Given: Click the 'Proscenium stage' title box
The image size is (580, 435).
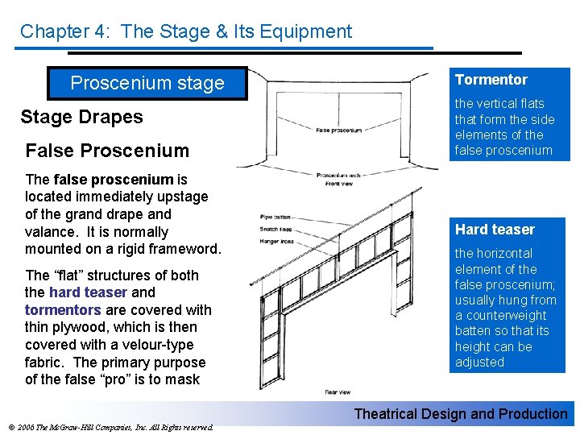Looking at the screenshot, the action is [x=147, y=83].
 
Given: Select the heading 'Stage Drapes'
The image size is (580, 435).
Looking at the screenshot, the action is [x=81, y=117].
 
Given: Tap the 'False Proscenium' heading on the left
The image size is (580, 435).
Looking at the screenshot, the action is [x=107, y=151].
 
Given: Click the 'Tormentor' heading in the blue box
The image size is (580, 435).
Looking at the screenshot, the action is [x=491, y=80].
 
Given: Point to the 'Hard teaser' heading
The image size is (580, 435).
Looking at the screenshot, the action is [x=495, y=230].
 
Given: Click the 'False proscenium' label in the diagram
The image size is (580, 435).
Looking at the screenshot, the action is [x=338, y=130].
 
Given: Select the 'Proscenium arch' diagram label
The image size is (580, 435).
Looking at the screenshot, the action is [x=338, y=176].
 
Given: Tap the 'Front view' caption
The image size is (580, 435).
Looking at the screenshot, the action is [x=339, y=184].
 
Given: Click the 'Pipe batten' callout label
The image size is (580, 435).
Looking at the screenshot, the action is [x=275, y=216].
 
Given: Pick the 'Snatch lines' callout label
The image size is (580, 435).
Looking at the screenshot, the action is [x=275, y=229].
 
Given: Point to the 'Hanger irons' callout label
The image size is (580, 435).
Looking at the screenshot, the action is [x=275, y=241].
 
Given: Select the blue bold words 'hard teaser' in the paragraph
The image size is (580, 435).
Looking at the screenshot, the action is [x=88, y=292].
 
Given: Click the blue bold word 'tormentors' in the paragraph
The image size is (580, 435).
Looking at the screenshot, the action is [x=62, y=310].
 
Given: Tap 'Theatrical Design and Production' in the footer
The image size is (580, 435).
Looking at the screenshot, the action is [x=461, y=414].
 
